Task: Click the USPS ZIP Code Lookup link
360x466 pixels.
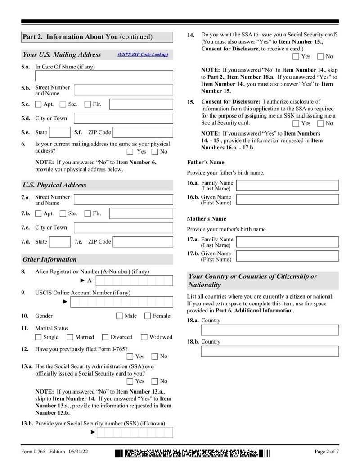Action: (143, 54)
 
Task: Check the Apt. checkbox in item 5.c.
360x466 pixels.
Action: (38, 104)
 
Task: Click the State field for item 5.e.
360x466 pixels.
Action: (59, 132)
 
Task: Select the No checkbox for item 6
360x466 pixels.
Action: (155, 152)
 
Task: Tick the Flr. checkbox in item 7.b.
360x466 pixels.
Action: (88, 214)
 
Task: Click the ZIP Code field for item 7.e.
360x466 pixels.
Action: (143, 242)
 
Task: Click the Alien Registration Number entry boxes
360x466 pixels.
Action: (134, 281)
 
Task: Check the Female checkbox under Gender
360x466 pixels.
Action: (148, 316)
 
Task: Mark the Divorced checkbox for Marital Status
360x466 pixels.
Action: (105, 337)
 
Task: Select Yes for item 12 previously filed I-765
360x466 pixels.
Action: (130, 357)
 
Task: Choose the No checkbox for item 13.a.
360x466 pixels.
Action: (155, 381)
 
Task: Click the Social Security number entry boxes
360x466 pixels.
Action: (134, 432)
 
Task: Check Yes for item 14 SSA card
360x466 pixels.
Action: (296, 57)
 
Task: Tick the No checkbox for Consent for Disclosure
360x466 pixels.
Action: (320, 123)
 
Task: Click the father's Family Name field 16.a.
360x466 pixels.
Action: (287, 185)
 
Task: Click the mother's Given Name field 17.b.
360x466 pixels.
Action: (287, 256)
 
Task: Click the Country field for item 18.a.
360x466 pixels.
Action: (270, 330)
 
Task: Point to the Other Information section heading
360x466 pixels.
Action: (50, 259)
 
